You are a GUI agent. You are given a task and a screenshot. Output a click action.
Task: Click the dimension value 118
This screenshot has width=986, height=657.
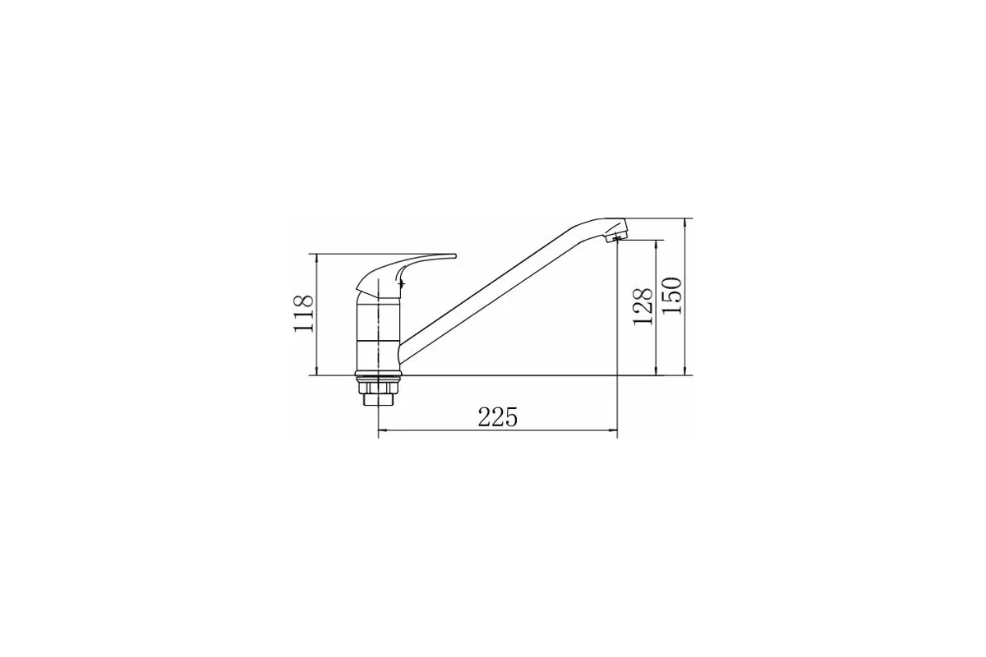click(x=303, y=314)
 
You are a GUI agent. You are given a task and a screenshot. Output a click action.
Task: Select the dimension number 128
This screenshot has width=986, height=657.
click(x=643, y=306)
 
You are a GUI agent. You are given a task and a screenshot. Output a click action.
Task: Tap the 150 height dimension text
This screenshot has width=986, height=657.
click(x=672, y=296)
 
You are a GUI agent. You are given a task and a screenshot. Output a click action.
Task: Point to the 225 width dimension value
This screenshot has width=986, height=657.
click(x=498, y=416)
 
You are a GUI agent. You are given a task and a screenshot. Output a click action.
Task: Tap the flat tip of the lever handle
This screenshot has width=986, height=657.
click(x=454, y=256)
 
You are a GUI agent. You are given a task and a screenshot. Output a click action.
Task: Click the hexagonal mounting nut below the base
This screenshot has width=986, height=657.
click(x=378, y=388)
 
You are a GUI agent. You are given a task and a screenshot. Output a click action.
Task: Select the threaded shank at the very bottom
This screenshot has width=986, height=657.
click(x=378, y=400)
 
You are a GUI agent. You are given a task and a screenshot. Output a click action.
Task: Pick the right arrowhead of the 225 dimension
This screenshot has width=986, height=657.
click(x=613, y=430)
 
